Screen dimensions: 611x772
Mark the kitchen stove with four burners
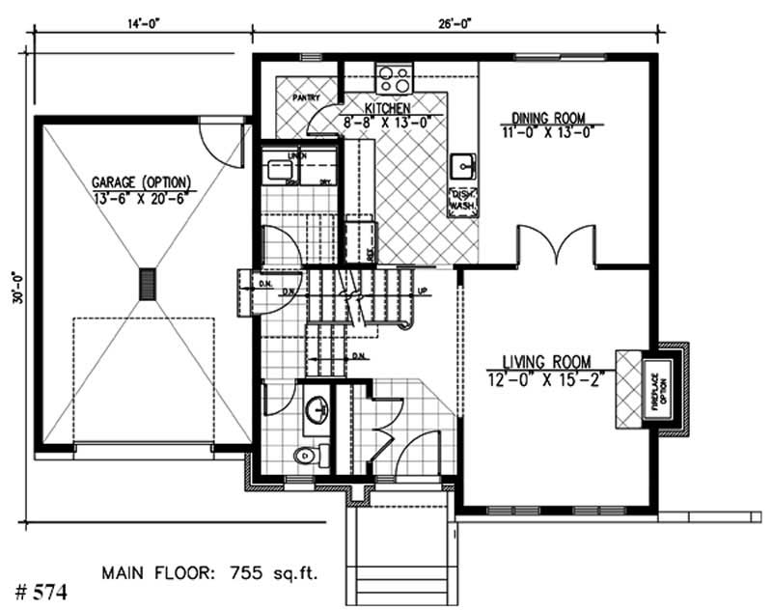click(394, 76)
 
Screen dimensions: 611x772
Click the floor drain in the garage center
click(148, 284)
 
